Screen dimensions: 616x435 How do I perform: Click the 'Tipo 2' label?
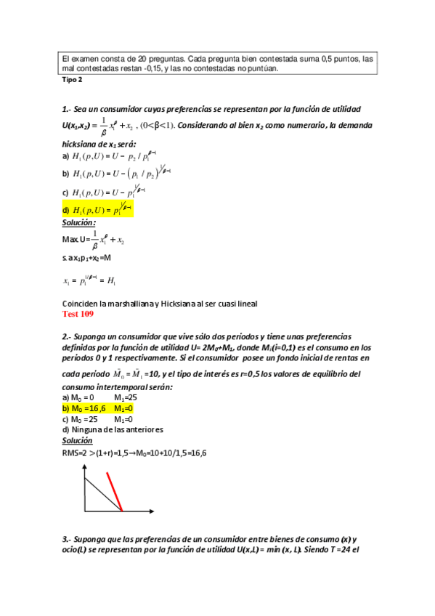pos(73,80)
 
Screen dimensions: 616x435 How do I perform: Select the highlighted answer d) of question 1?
pos(98,210)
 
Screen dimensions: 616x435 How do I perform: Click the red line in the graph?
pos(115,491)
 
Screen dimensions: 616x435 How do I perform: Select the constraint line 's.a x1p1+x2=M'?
pos(92,258)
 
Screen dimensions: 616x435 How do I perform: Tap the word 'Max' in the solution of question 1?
pos(71,239)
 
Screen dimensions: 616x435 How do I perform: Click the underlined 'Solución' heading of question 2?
pos(78,439)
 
